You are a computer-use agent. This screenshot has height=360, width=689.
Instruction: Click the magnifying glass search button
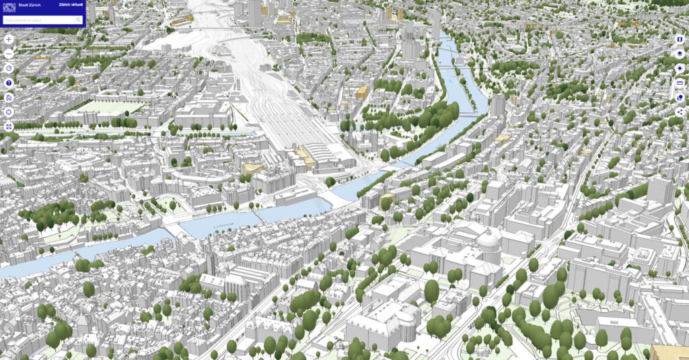78,20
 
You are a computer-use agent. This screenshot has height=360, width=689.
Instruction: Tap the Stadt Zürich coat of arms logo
9,6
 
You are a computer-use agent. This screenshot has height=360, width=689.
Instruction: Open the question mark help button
9,83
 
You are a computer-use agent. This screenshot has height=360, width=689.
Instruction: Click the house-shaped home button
9,98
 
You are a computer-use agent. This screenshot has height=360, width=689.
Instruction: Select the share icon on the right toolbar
680,112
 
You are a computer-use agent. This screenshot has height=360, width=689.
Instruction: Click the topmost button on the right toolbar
680,39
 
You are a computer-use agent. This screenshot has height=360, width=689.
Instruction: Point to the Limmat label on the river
223,225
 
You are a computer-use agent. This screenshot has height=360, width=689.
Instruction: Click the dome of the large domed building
489,240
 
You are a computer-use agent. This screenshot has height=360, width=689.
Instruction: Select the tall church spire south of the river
210,258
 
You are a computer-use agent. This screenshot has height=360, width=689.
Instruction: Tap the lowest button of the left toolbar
9,127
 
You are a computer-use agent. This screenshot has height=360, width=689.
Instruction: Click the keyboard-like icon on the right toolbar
680,83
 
